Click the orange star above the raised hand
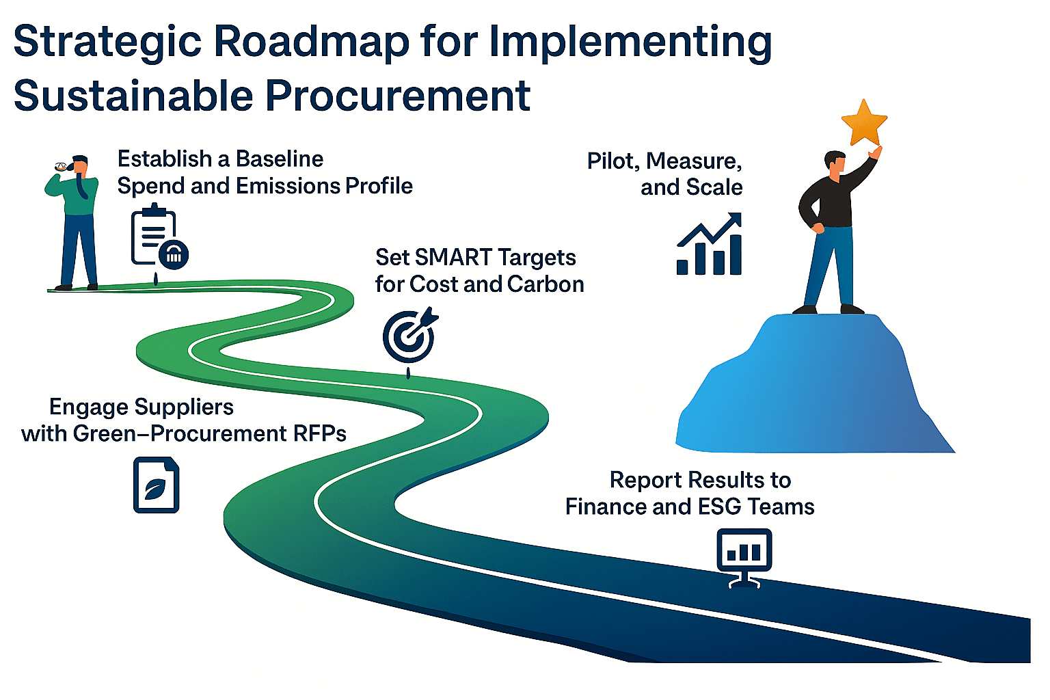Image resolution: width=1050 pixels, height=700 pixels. (864, 123)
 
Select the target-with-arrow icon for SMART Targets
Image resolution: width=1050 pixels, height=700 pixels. (409, 336)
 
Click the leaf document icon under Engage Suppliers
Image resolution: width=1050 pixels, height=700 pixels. (156, 485)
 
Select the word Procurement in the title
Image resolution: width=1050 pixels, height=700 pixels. (397, 95)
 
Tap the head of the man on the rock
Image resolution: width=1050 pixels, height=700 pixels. (835, 163)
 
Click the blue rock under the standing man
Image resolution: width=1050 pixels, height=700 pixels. (813, 390)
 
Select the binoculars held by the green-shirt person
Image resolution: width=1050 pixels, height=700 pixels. (62, 166)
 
